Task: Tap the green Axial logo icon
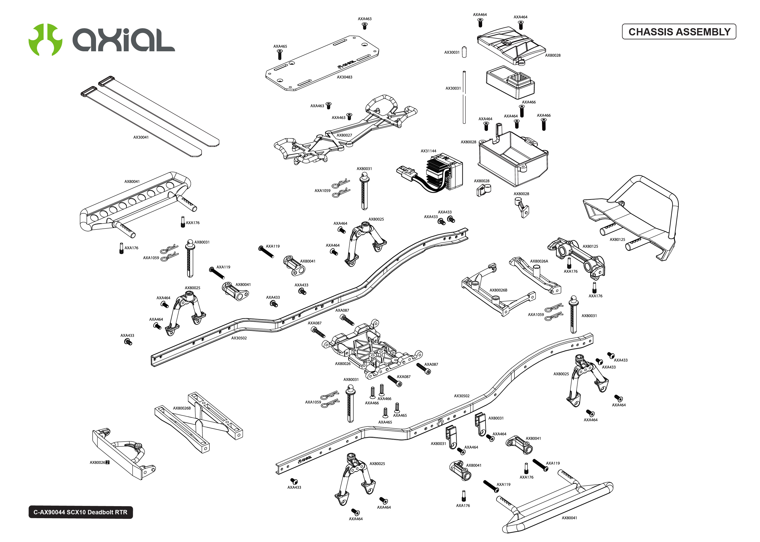[45, 39]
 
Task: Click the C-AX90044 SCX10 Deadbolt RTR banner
[81, 512]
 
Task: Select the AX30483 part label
[344, 77]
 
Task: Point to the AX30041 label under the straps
[141, 137]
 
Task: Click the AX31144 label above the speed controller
[428, 151]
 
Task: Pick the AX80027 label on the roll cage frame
[344, 135]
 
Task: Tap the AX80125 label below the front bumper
[617, 239]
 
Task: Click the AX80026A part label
[539, 261]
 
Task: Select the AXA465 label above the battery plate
[280, 46]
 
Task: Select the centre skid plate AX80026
[371, 350]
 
